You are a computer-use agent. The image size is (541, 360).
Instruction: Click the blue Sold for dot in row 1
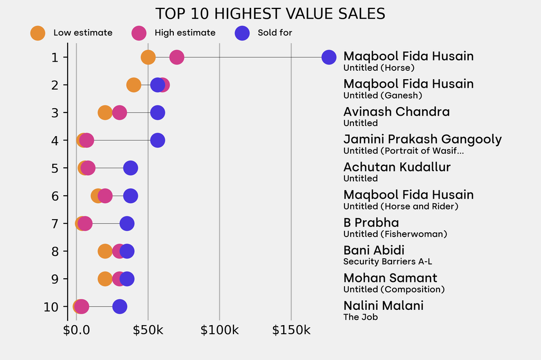[x=329, y=57]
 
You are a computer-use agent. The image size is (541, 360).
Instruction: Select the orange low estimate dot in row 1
[x=148, y=57]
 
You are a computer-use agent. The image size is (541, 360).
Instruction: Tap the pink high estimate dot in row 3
[x=119, y=112]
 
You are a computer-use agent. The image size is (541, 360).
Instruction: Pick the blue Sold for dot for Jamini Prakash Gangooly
[x=157, y=140]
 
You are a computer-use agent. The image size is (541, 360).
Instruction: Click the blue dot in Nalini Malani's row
[x=119, y=306]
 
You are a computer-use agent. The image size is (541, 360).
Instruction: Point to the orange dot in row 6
[x=98, y=196]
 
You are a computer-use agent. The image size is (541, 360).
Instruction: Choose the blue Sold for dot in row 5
[x=130, y=168]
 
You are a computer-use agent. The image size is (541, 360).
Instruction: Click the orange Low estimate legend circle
[x=38, y=33]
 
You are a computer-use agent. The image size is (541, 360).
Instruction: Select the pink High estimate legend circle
[x=139, y=33]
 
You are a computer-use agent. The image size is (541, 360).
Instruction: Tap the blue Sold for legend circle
[x=242, y=33]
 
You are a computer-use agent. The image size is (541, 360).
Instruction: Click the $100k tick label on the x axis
[x=219, y=331]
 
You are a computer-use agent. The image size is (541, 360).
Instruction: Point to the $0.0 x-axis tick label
[x=77, y=331]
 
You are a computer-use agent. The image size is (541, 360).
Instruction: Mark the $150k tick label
[x=291, y=331]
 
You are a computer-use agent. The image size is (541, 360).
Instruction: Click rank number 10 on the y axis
[x=51, y=306]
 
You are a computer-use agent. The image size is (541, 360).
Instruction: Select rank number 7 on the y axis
[x=55, y=223]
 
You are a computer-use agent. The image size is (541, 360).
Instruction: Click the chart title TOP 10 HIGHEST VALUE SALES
[x=270, y=14]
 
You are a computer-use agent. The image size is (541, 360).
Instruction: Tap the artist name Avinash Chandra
[x=396, y=112]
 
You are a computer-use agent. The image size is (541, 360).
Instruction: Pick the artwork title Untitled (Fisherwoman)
[x=395, y=234]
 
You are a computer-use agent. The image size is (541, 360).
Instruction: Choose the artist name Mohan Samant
[x=390, y=278]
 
